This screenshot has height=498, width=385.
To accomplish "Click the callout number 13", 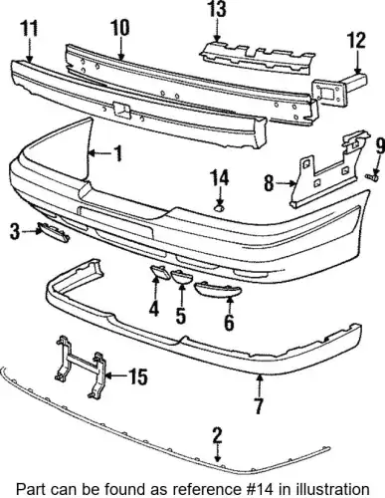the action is pos(217,9).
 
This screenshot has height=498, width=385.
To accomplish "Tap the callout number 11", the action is pos(30,28).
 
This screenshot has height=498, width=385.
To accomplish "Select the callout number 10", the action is pos(119,28).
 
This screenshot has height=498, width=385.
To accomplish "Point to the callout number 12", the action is pos(356,40).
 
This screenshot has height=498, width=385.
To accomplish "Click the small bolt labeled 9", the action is pos(372,176).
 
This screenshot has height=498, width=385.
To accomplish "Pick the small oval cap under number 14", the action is pos(218,208).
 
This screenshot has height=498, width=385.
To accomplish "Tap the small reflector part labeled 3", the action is pos(54,231).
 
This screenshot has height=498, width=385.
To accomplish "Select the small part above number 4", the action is pos(156,271).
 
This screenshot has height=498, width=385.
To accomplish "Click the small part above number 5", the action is pos(181,277).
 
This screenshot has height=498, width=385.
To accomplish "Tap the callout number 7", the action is pos(259,405).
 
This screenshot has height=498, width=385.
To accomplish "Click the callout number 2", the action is pos(217,435).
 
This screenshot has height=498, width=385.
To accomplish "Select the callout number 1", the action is pos(117,153).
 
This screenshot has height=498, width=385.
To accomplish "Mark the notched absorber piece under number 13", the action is pos(257,57).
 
